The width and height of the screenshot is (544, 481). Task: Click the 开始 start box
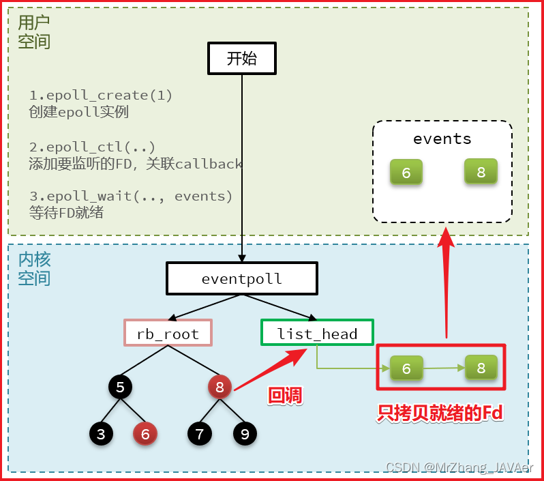click(x=241, y=59)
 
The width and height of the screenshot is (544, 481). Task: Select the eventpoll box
click(x=241, y=279)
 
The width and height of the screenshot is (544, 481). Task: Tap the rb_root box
click(x=168, y=334)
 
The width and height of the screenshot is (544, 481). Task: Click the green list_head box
click(x=317, y=333)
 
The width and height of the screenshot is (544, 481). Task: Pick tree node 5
click(x=120, y=388)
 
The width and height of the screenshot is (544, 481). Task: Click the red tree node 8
click(x=220, y=387)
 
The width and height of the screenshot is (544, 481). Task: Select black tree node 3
click(x=100, y=433)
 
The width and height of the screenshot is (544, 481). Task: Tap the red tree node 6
click(x=145, y=433)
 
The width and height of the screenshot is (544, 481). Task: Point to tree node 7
click(x=199, y=433)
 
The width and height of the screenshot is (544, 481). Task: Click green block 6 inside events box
click(x=406, y=173)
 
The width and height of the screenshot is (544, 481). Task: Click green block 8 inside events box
click(x=481, y=172)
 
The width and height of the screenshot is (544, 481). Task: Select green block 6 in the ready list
click(x=406, y=368)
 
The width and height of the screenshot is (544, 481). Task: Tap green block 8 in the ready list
click(x=481, y=368)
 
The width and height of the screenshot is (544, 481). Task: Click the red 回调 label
click(x=285, y=395)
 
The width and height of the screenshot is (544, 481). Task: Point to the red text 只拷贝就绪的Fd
click(x=440, y=413)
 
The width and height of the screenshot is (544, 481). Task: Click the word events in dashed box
click(x=442, y=139)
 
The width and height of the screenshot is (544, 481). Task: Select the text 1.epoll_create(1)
click(x=101, y=96)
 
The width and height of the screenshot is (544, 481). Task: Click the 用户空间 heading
click(x=33, y=31)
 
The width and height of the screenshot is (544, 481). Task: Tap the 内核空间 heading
click(x=34, y=268)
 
